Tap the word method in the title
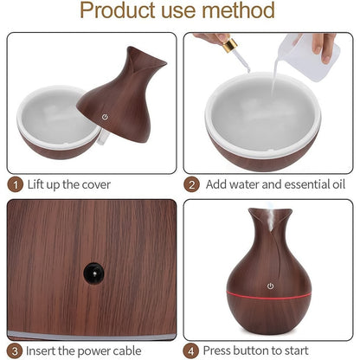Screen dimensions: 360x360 tap(241, 11)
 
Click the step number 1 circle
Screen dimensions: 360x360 tap(15, 184)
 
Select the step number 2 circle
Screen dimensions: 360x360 tap(191, 184)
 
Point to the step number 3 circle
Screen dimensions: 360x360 tap(15, 351)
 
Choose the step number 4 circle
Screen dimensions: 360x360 tap(191, 351)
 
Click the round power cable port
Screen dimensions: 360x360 tap(91, 273)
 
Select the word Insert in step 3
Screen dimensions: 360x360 tap(42, 351)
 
